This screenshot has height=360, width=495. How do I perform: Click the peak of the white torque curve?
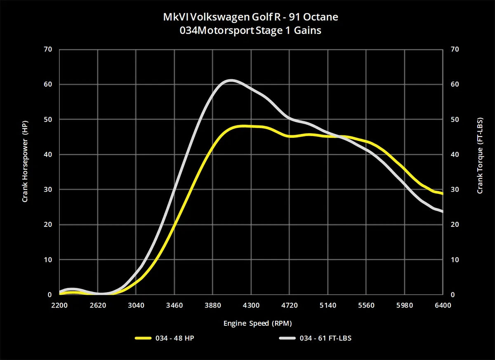(231, 80)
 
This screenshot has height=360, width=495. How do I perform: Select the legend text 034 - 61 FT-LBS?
(328, 338)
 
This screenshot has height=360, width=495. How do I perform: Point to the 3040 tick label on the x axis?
(136, 306)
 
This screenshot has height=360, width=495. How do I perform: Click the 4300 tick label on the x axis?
(251, 306)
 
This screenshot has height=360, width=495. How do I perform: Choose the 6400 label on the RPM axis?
(442, 306)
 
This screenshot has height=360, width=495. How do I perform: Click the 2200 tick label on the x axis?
(59, 306)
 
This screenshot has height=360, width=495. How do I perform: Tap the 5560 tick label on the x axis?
(366, 306)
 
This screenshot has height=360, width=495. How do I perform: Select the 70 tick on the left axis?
(48, 49)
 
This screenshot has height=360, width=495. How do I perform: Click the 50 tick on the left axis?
(48, 120)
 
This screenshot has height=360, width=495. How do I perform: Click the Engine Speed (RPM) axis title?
(255, 323)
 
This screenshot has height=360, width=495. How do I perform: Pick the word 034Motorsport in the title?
(207, 30)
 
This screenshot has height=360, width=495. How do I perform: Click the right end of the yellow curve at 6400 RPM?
(442, 193)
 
